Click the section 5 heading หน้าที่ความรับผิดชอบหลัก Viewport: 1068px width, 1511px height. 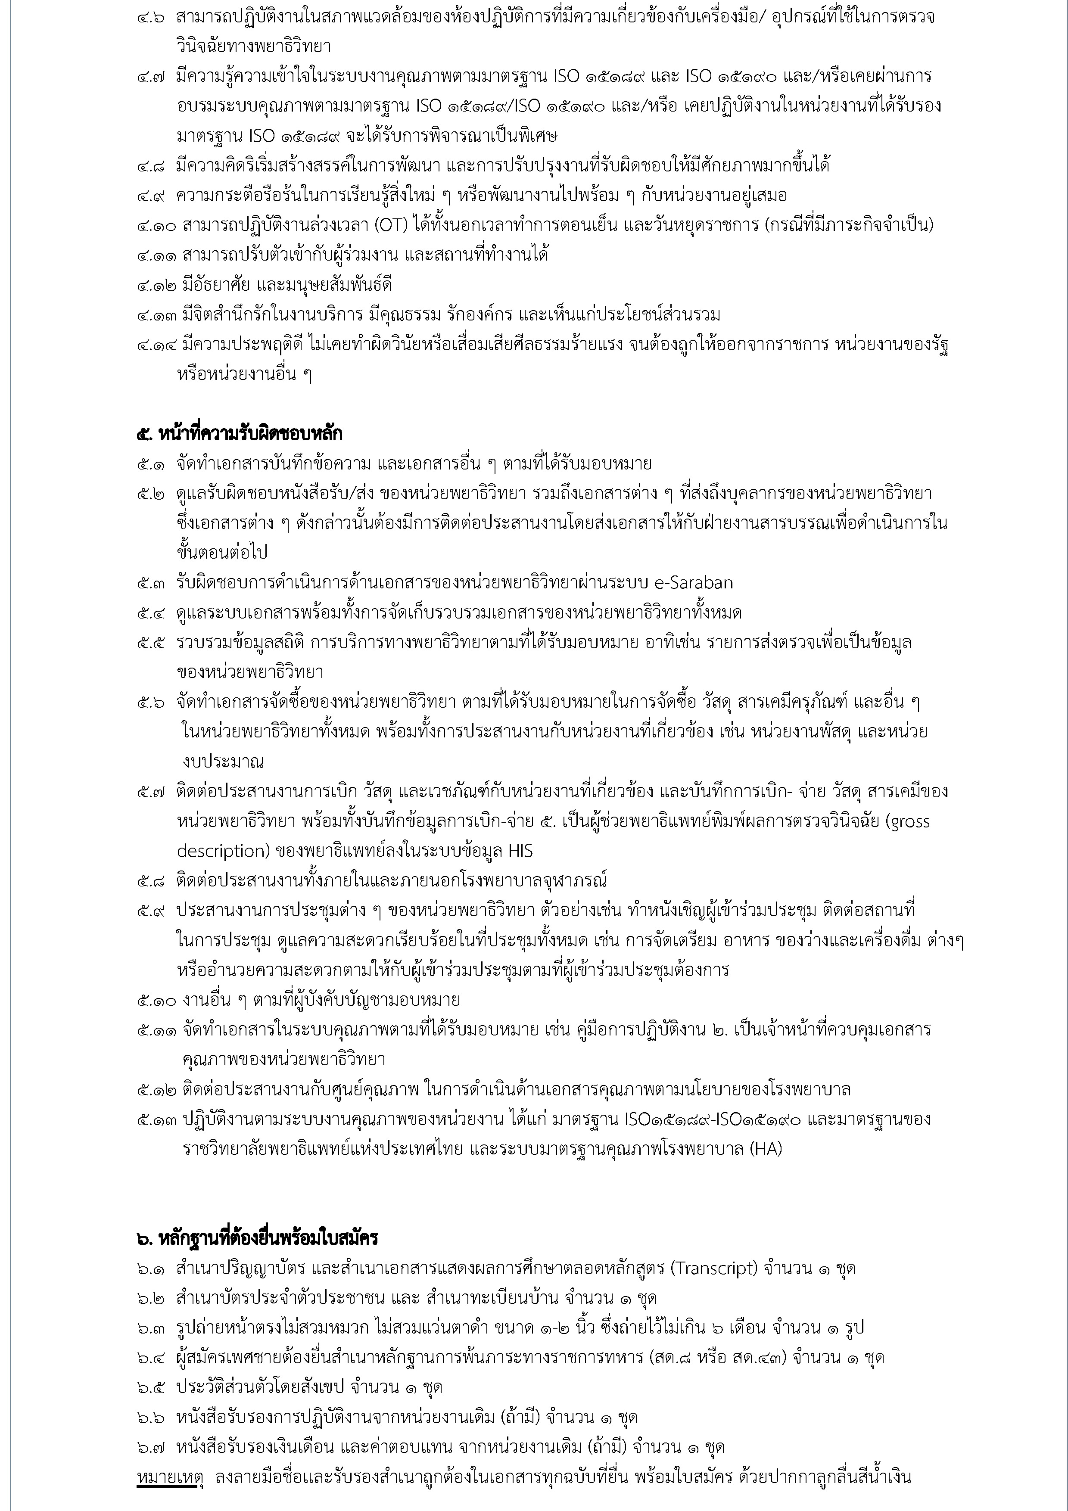[x=240, y=434]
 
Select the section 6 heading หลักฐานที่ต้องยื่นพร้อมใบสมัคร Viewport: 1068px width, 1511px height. [x=257, y=1238]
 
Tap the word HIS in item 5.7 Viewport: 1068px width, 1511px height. [x=520, y=851]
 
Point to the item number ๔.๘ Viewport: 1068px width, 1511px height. [x=151, y=165]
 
